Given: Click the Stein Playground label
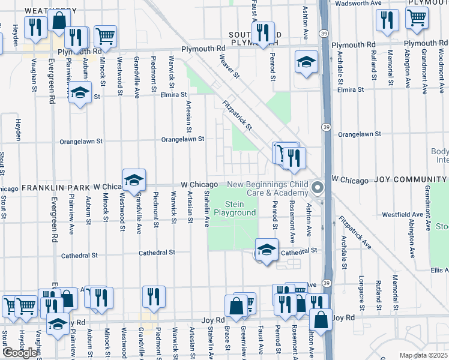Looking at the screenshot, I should click(x=235, y=208).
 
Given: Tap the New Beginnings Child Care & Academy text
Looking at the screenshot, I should click(x=267, y=188).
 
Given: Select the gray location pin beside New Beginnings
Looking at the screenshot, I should click(x=319, y=188).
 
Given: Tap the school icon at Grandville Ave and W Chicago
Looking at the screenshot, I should click(x=134, y=179).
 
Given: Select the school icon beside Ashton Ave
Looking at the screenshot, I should click(x=306, y=62).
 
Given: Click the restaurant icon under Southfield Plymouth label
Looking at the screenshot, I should click(x=263, y=33).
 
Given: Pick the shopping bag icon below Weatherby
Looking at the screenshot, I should click(x=60, y=20).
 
